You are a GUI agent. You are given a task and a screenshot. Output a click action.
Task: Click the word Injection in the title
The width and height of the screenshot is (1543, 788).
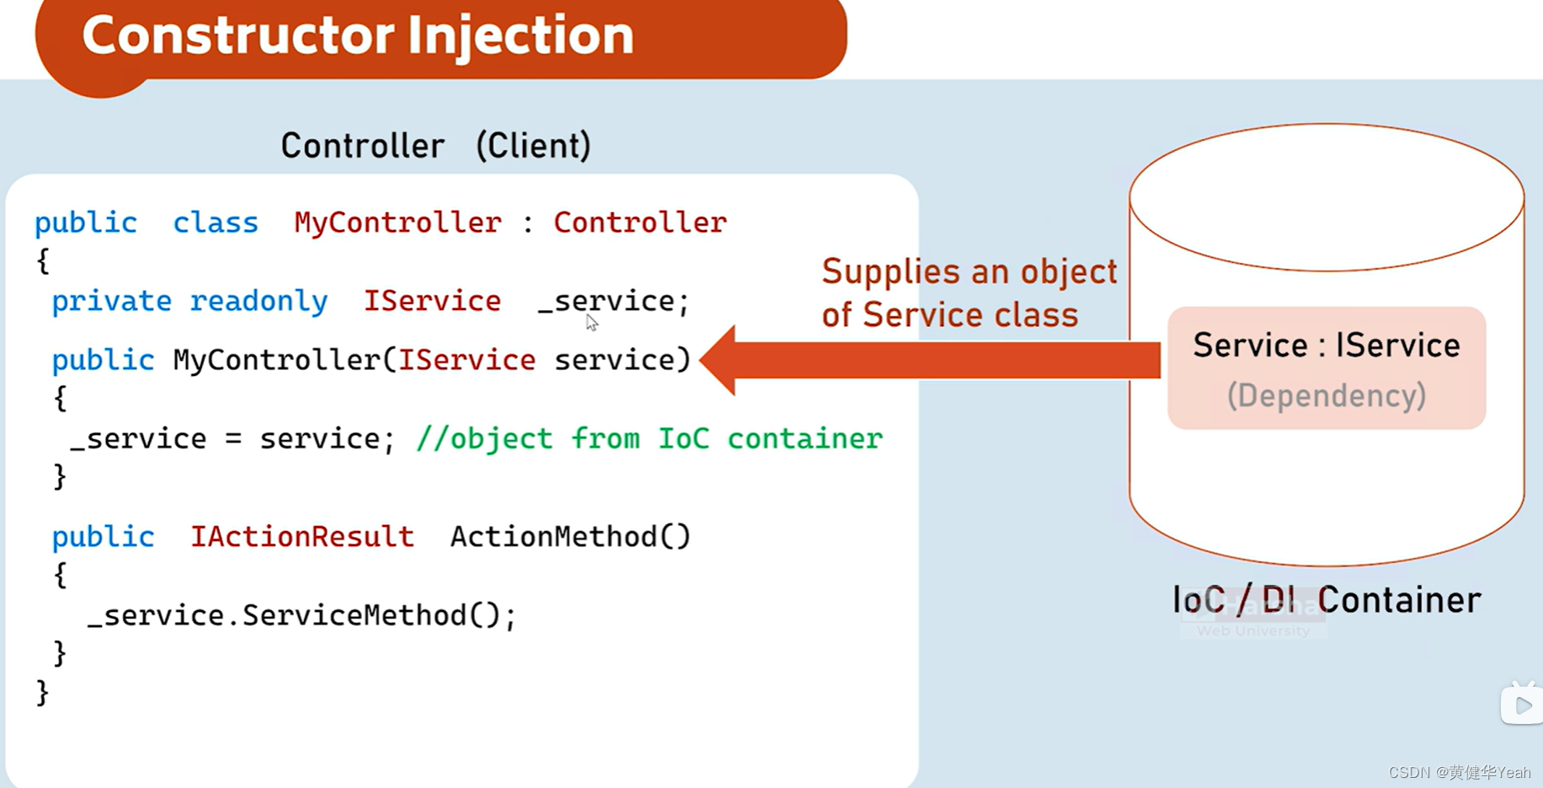[520, 35]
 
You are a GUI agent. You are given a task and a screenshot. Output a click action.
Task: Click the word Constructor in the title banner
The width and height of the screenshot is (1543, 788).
[238, 35]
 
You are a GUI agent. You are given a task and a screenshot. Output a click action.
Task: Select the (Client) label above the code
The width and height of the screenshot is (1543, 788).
[533, 146]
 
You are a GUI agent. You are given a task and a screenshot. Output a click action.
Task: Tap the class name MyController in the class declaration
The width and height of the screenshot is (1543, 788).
[398, 222]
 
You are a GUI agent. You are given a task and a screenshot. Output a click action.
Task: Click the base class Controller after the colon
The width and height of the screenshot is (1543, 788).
[639, 222]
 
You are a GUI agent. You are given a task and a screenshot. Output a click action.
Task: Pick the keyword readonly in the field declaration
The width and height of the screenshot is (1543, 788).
[259, 301]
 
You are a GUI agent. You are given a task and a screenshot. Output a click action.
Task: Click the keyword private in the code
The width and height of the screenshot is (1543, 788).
[111, 301]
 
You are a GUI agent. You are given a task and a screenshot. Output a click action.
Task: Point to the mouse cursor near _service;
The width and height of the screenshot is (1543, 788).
[591, 322]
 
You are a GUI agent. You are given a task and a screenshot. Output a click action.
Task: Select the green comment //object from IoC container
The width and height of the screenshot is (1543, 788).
[649, 438]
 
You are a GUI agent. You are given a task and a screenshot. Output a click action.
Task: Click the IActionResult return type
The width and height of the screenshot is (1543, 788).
[302, 537]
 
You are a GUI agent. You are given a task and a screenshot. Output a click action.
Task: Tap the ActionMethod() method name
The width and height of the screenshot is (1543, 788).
[569, 537]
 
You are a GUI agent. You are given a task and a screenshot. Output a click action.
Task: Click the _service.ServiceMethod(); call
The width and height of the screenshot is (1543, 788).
[302, 615]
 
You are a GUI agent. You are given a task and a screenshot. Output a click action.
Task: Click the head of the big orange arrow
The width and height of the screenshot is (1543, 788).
[720, 360]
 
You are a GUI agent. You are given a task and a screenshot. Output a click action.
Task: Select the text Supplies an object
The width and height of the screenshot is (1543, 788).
[969, 271]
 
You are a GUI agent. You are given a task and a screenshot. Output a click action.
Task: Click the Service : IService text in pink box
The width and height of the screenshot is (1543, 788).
[1326, 345]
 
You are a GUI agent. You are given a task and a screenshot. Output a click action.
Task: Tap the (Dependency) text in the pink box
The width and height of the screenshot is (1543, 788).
[1326, 395]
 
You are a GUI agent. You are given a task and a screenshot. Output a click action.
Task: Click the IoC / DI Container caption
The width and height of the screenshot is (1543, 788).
[1326, 600]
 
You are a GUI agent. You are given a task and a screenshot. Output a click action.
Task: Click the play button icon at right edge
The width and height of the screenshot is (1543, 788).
[1522, 705]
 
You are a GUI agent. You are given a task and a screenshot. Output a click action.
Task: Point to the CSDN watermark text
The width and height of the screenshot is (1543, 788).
[1459, 772]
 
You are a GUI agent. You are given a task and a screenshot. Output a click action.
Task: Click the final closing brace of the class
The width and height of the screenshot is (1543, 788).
[43, 693]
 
